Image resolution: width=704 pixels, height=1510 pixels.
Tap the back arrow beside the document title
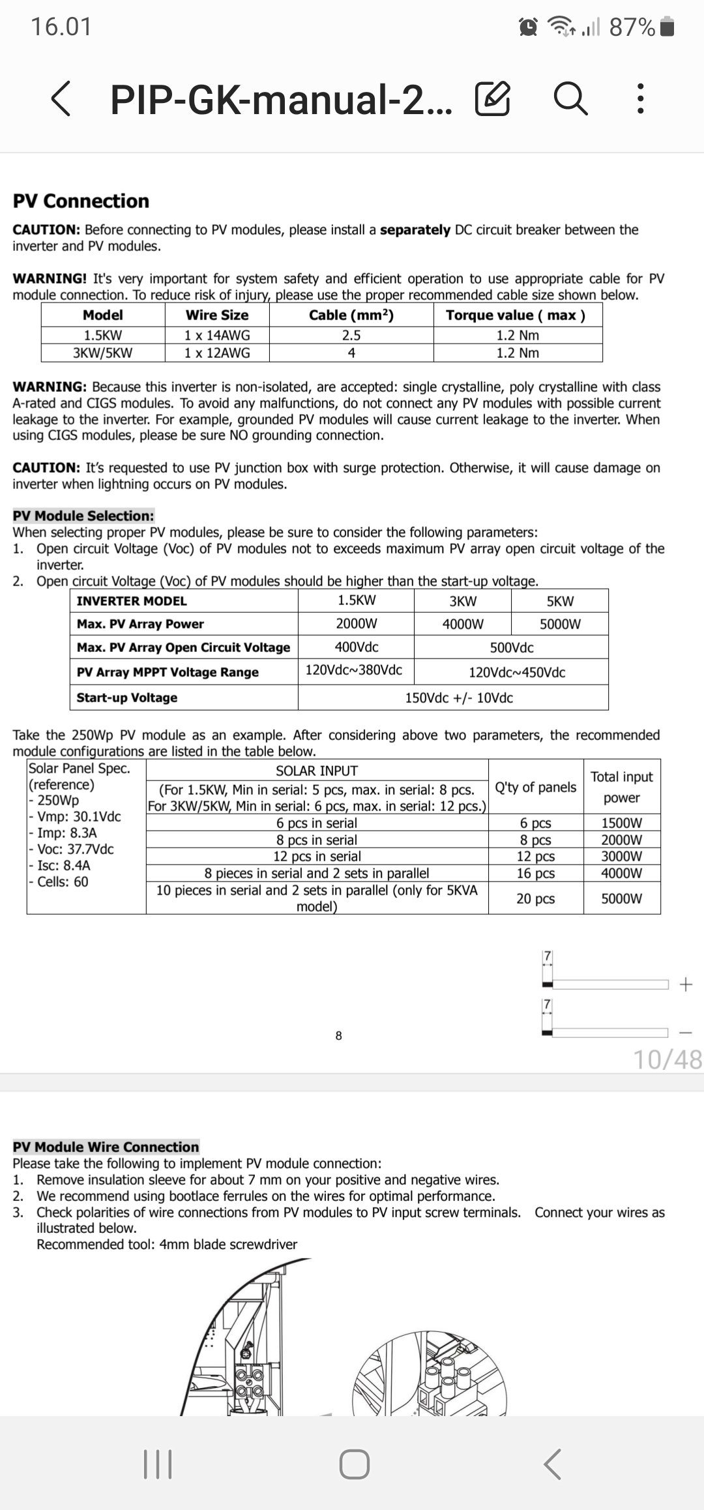pyautogui.click(x=61, y=99)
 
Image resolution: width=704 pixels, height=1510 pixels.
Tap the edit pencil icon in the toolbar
pyautogui.click(x=492, y=99)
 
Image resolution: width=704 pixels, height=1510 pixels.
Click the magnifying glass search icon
pyautogui.click(x=570, y=99)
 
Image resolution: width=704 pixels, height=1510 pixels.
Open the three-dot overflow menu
pyautogui.click(x=640, y=99)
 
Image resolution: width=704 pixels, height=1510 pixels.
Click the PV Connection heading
pyautogui.click(x=81, y=201)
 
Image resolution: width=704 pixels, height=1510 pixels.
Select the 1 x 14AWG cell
pyautogui.click(x=216, y=335)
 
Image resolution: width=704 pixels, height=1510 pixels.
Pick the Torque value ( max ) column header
pyautogui.click(x=516, y=316)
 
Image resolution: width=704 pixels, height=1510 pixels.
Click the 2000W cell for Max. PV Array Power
pyautogui.click(x=356, y=623)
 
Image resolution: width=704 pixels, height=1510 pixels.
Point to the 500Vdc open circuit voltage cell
pyautogui.click(x=511, y=647)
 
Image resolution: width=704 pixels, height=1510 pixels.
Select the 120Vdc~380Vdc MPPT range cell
pyautogui.click(x=354, y=670)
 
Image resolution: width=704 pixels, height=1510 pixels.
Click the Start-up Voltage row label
pyautogui.click(x=127, y=698)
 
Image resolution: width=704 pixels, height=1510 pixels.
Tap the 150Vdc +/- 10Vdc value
pyautogui.click(x=458, y=698)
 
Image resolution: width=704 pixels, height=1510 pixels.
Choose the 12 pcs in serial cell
pyautogui.click(x=317, y=857)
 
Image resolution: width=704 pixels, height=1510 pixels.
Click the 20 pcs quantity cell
pyautogui.click(x=535, y=898)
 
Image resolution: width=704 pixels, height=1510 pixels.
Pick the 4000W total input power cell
pyautogui.click(x=621, y=874)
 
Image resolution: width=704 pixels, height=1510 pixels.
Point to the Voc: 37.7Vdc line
pyautogui.click(x=75, y=850)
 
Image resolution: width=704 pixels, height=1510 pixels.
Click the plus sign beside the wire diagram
pyautogui.click(x=685, y=984)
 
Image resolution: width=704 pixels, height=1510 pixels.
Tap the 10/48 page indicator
pyautogui.click(x=667, y=1059)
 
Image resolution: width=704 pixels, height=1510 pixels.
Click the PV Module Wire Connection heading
pyautogui.click(x=106, y=1147)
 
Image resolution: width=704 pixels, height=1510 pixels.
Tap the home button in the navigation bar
pyautogui.click(x=354, y=1464)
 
